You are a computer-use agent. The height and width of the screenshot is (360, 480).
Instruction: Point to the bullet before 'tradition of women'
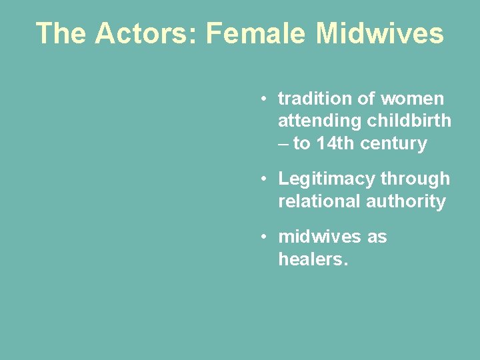[x=265, y=99]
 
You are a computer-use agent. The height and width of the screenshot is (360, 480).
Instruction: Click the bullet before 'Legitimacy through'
[x=265, y=179]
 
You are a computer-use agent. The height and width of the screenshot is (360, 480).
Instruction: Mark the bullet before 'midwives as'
[x=265, y=237]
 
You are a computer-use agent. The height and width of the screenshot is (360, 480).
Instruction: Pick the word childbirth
[x=409, y=121]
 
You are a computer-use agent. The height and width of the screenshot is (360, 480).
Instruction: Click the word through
[x=415, y=179]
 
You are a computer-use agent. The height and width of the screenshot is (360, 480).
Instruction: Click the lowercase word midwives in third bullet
[x=317, y=237]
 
